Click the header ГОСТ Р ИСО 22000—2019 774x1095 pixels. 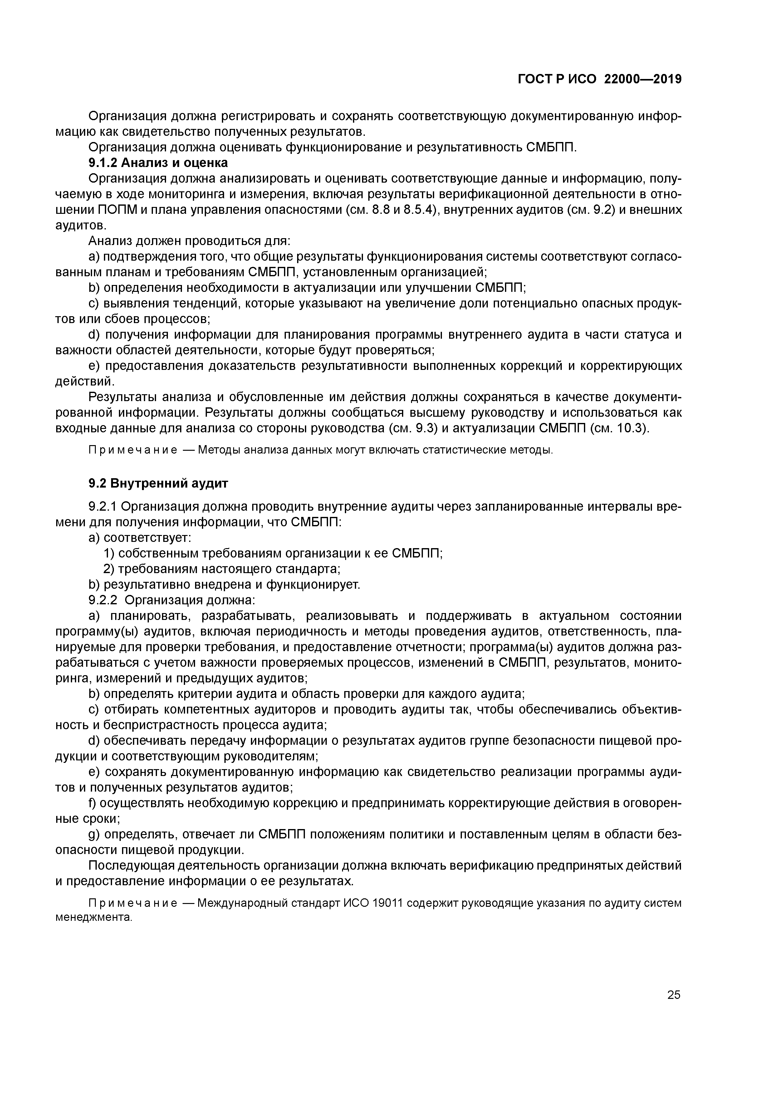point(600,79)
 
